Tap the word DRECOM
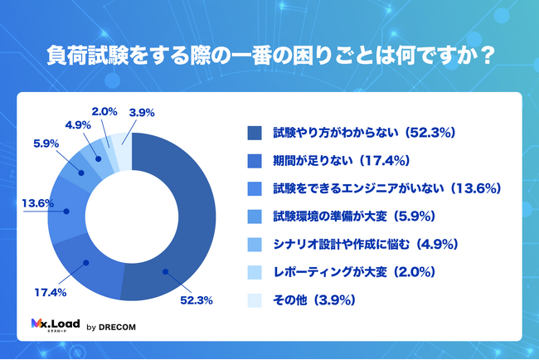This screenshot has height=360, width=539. coord(118,326)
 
